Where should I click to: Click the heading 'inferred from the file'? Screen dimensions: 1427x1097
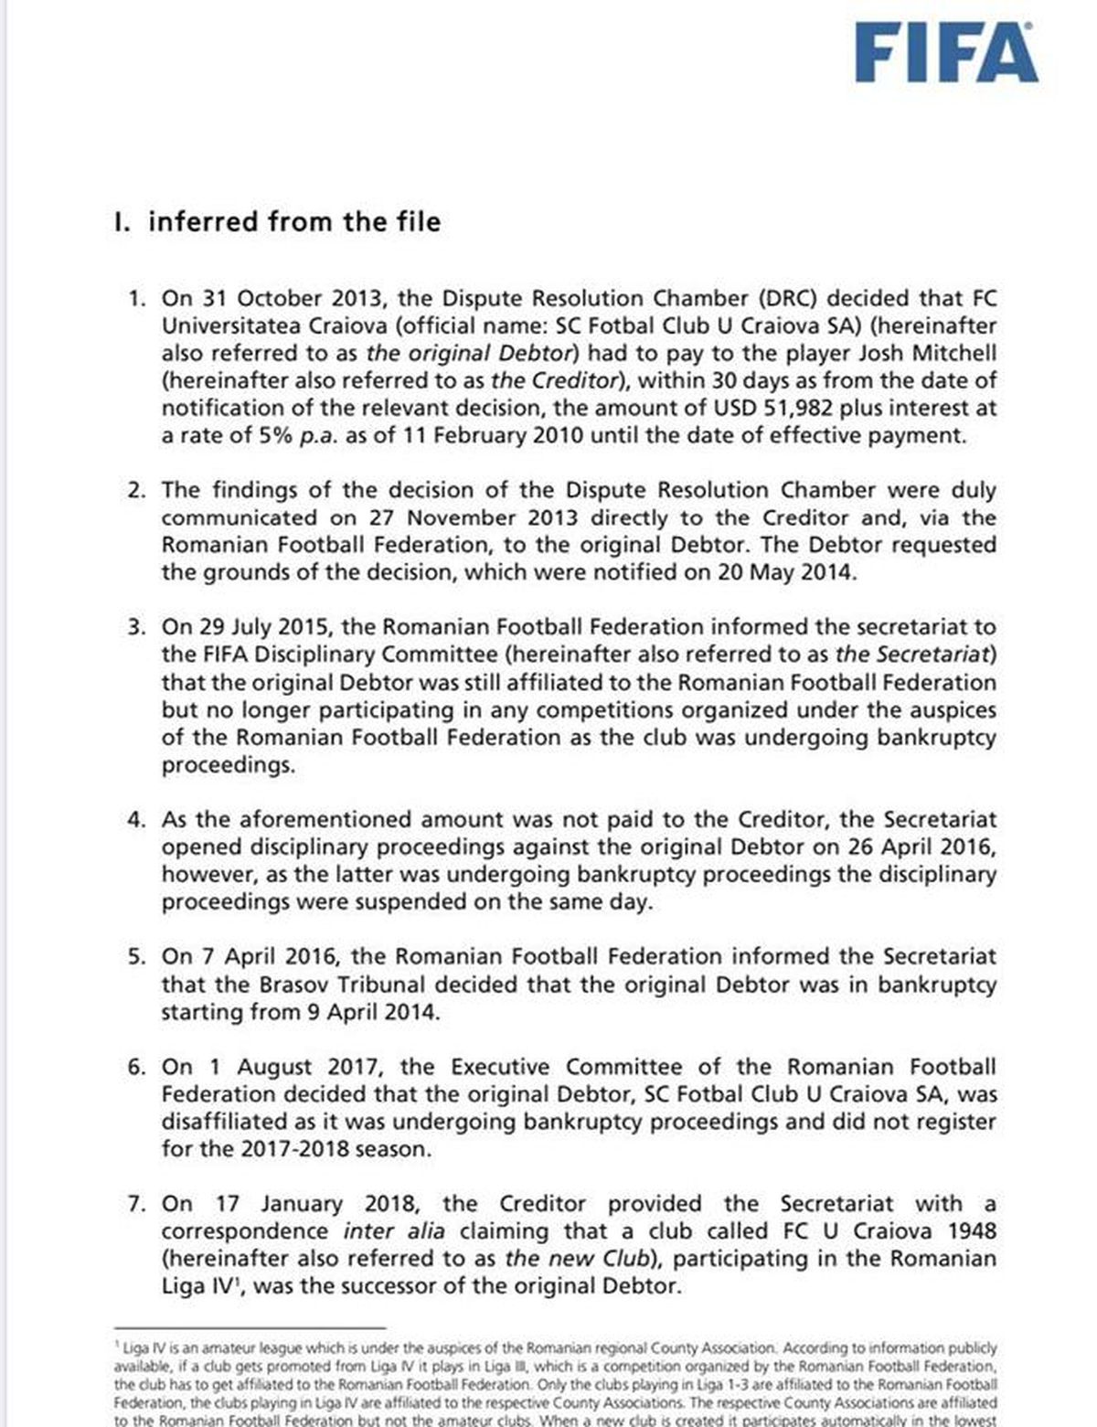[x=293, y=222]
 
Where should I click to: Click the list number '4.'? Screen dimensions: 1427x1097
[x=137, y=820]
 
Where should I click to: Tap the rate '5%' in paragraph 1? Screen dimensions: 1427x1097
[x=273, y=436]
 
